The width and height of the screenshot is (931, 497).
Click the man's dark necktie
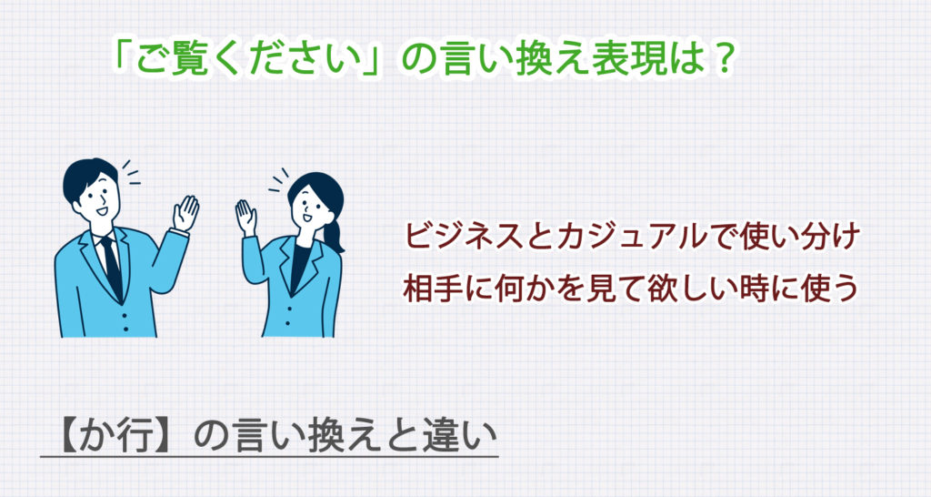click(111, 265)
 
